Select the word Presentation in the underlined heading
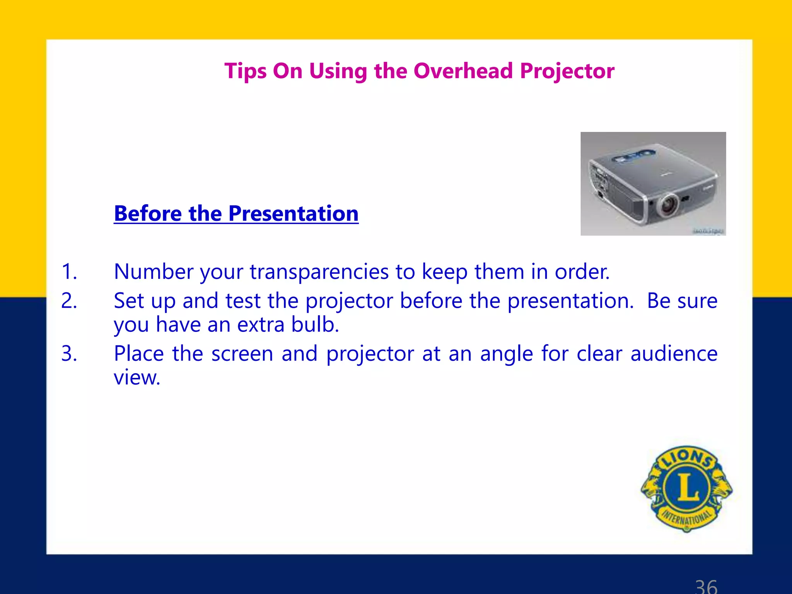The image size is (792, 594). (x=293, y=213)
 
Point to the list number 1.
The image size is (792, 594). (x=69, y=271)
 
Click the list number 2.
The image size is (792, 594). (x=69, y=301)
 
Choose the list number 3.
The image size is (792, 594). (x=69, y=353)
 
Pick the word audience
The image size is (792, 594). (x=674, y=353)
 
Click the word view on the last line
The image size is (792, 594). (x=136, y=377)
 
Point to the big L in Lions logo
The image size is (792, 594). (x=687, y=488)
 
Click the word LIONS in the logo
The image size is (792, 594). (x=687, y=458)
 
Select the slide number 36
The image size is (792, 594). (x=706, y=586)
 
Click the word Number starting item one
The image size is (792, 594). (x=153, y=271)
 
